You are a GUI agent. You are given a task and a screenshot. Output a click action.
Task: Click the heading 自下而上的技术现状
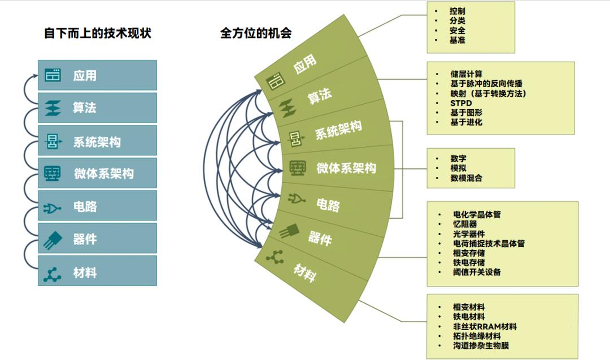click(x=97, y=33)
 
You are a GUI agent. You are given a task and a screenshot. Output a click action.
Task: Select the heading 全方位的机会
click(x=256, y=33)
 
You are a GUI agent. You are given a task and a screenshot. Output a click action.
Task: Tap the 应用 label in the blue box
click(x=85, y=76)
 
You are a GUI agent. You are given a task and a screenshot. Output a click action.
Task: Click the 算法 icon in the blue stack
click(x=53, y=108)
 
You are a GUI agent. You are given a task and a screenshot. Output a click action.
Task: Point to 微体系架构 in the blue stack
click(x=104, y=174)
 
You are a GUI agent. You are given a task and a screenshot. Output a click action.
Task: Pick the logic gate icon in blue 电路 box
click(x=52, y=209)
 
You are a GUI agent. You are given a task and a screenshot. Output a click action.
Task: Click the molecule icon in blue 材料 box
click(x=52, y=274)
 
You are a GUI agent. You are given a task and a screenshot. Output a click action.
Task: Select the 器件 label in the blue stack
click(x=85, y=239)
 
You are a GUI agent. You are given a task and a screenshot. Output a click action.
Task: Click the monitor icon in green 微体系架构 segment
click(x=298, y=168)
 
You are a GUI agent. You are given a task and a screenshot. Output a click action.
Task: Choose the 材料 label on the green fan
click(x=304, y=273)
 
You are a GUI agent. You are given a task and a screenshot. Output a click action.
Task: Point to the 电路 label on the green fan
click(x=328, y=205)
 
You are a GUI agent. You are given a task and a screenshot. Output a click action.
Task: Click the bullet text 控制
click(x=457, y=11)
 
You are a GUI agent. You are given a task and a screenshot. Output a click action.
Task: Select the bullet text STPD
click(x=461, y=103)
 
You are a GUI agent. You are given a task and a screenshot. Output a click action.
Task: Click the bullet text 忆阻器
click(x=465, y=224)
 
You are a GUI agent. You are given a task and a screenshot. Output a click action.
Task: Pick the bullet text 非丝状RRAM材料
click(x=485, y=327)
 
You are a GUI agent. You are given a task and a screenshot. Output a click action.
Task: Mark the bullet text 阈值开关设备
click(x=477, y=272)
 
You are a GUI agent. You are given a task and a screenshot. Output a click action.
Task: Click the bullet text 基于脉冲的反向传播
click(x=486, y=84)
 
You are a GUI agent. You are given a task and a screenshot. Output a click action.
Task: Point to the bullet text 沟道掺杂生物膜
click(x=481, y=345)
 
